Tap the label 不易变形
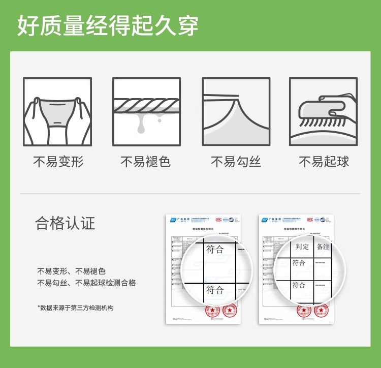click(58, 162)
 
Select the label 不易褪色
click(145, 162)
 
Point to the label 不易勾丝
click(236, 162)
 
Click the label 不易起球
click(324, 162)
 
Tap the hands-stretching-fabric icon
click(57, 111)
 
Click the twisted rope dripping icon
click(146, 111)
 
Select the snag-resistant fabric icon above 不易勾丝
click(236, 111)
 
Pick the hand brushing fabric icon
click(324, 111)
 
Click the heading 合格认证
click(65, 223)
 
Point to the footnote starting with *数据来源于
click(75, 308)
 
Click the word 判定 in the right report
click(302, 247)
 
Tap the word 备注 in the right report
click(323, 247)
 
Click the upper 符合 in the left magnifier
click(215, 249)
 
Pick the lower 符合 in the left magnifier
click(215, 290)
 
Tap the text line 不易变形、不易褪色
click(71, 271)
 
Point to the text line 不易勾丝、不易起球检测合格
click(86, 283)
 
